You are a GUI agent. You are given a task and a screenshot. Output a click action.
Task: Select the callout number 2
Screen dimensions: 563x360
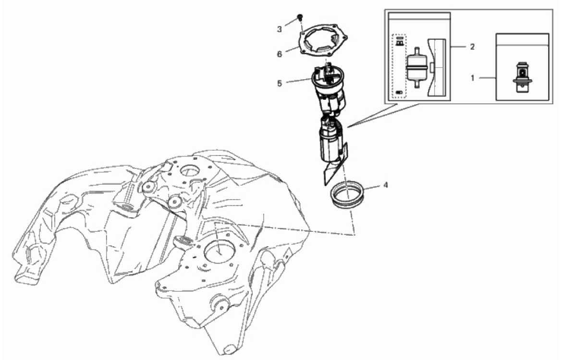pos(472,47)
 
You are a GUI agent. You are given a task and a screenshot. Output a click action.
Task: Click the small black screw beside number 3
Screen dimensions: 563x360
pos(300,18)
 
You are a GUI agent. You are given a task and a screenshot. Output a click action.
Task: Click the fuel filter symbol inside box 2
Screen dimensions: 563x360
pos(416,66)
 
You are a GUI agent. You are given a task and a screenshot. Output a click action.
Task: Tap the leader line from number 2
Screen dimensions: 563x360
pos(460,47)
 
